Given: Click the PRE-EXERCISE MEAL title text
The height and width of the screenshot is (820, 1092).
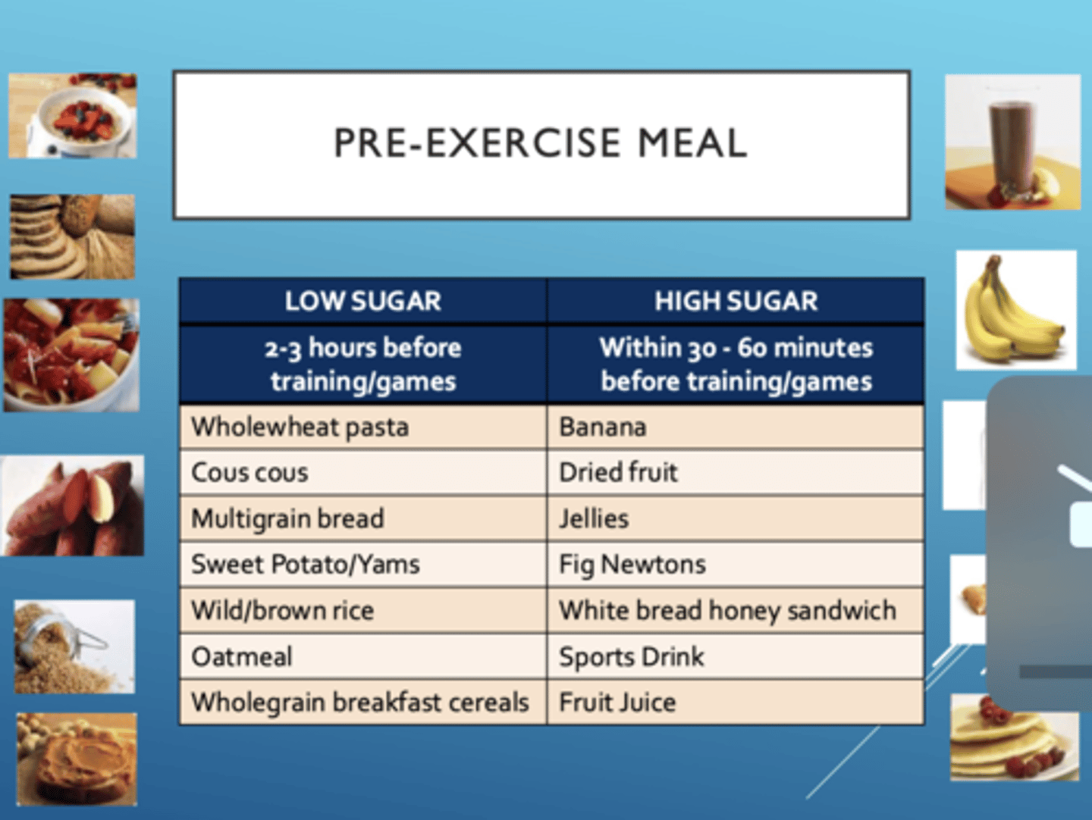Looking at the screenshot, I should click(x=541, y=143).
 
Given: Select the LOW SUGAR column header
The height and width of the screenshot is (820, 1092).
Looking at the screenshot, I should click(x=362, y=301).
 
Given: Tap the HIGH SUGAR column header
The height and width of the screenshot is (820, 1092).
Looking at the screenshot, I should click(x=736, y=301).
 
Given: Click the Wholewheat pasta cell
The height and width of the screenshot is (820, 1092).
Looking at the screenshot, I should click(x=300, y=427).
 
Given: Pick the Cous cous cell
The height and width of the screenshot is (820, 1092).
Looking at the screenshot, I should click(x=250, y=472).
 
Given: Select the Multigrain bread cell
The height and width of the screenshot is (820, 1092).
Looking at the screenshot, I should click(x=288, y=518).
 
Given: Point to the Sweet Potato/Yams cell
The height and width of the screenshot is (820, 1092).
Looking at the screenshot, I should click(x=306, y=564).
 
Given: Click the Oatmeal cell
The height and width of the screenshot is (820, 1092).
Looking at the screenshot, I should click(x=242, y=656).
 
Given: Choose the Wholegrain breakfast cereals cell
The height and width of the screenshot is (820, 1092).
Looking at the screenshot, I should click(x=360, y=702).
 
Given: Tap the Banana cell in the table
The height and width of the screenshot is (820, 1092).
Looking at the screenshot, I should click(x=603, y=427).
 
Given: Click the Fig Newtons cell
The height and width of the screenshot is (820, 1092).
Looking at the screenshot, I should click(x=632, y=564).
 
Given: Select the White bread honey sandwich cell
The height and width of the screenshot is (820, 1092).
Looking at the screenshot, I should click(x=727, y=610).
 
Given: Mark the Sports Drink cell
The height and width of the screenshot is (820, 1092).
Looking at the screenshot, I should click(x=632, y=656).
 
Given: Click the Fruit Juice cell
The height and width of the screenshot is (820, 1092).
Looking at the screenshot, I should click(x=617, y=702).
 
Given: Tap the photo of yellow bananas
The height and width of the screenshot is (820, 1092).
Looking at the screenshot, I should click(x=1015, y=311).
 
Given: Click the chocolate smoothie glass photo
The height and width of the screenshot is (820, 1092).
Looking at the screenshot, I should click(x=1012, y=142).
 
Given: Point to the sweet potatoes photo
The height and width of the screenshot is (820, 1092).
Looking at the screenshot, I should click(x=73, y=505).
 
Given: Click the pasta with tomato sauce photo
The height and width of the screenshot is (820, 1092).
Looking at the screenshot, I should click(x=72, y=355).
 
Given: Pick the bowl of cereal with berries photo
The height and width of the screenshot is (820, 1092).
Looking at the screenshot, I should click(x=74, y=116).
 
